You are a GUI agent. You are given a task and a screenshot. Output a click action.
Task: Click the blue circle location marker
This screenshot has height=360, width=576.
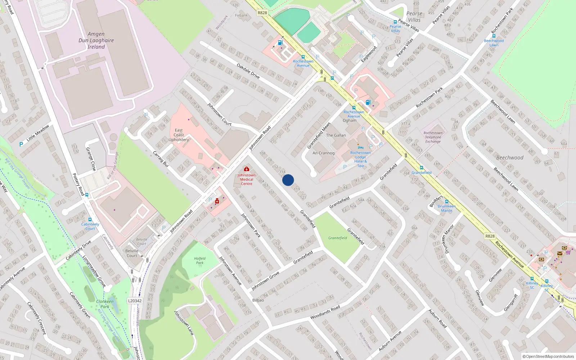[288, 180]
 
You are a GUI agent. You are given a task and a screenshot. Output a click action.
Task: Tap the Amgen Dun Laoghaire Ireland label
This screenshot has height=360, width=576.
[96, 40]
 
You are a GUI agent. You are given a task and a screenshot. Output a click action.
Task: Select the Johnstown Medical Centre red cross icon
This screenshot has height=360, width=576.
[247, 169]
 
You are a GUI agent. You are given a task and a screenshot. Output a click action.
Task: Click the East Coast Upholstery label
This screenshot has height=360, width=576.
[179, 135]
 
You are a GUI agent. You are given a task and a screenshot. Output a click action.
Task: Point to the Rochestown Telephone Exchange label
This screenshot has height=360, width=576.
[433, 137]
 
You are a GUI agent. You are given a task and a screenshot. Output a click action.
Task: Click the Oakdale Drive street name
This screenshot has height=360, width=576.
[248, 71]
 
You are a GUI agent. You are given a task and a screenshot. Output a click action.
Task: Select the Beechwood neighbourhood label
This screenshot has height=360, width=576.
[510, 158]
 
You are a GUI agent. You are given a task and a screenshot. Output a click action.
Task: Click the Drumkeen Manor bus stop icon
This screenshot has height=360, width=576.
[447, 202]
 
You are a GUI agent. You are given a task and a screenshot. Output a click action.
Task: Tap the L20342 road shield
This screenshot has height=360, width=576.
[135, 301]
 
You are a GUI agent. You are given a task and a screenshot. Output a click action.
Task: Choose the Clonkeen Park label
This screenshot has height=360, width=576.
[105, 304]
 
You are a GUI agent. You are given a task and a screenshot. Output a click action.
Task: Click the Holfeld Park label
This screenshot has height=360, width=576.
[200, 261]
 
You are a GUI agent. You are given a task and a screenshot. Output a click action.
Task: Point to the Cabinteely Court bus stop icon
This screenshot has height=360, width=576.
[90, 219]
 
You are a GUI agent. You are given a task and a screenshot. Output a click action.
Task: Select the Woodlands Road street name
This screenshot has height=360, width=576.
[325, 312]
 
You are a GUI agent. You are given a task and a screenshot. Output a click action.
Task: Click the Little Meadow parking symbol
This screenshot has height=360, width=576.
[21, 144]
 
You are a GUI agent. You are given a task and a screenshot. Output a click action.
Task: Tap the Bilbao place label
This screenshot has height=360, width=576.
[258, 300]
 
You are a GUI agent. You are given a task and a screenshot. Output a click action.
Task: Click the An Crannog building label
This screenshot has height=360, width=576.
[323, 153]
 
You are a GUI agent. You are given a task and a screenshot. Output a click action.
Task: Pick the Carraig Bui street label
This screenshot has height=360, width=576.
[161, 158]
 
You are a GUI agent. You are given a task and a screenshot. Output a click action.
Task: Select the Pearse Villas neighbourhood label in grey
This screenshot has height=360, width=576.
[414, 17]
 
